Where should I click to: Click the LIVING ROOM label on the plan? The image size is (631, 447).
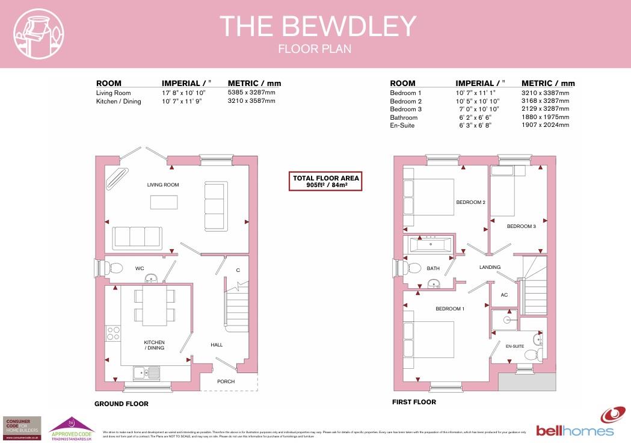coord(163,185)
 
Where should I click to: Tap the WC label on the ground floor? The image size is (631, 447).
coord(139,268)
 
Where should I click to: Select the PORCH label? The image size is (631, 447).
coord(226,381)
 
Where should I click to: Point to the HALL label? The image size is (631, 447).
coord(217,345)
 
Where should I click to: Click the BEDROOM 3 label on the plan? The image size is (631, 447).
coord(521,226)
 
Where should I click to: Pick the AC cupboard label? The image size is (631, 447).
coord(504,295)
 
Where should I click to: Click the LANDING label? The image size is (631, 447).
coord(490,267)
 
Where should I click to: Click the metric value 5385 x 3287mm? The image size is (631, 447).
coord(251,93)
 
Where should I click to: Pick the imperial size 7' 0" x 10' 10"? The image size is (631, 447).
coord(480,109)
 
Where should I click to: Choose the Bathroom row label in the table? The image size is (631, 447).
coord(404,117)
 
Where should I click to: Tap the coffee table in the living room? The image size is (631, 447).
coord(164,203)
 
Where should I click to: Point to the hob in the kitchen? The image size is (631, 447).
coord(112,331)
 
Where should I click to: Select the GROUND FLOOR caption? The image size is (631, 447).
coord(121,404)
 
